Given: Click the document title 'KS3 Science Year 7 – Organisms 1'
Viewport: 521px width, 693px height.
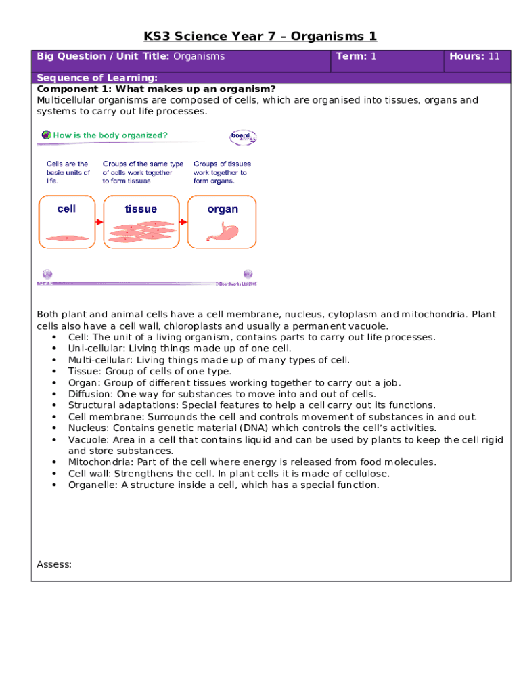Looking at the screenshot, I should click(x=260, y=37).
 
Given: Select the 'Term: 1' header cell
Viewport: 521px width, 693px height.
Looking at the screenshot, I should click(x=356, y=57).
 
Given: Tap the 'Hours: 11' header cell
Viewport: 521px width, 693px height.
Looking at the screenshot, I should click(x=474, y=57).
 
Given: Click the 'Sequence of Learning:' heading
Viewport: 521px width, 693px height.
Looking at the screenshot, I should click(x=97, y=78).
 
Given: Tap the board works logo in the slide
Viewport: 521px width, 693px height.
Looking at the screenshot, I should click(x=242, y=137).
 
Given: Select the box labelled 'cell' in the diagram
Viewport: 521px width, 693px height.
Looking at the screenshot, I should click(x=66, y=221).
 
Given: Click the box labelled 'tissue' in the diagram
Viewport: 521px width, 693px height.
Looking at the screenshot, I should click(x=141, y=221).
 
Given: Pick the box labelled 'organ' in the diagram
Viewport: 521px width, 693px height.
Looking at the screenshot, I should click(x=223, y=221).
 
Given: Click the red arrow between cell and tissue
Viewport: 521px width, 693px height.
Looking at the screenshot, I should click(x=97, y=221).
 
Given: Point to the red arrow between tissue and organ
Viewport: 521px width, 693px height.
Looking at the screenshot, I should click(x=182, y=221).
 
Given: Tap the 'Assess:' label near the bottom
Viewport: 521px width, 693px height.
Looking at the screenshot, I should click(x=54, y=564).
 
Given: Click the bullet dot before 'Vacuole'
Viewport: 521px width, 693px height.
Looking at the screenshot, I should click(x=53, y=440).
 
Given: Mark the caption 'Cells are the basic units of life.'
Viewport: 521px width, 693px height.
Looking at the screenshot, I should click(x=68, y=173).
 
